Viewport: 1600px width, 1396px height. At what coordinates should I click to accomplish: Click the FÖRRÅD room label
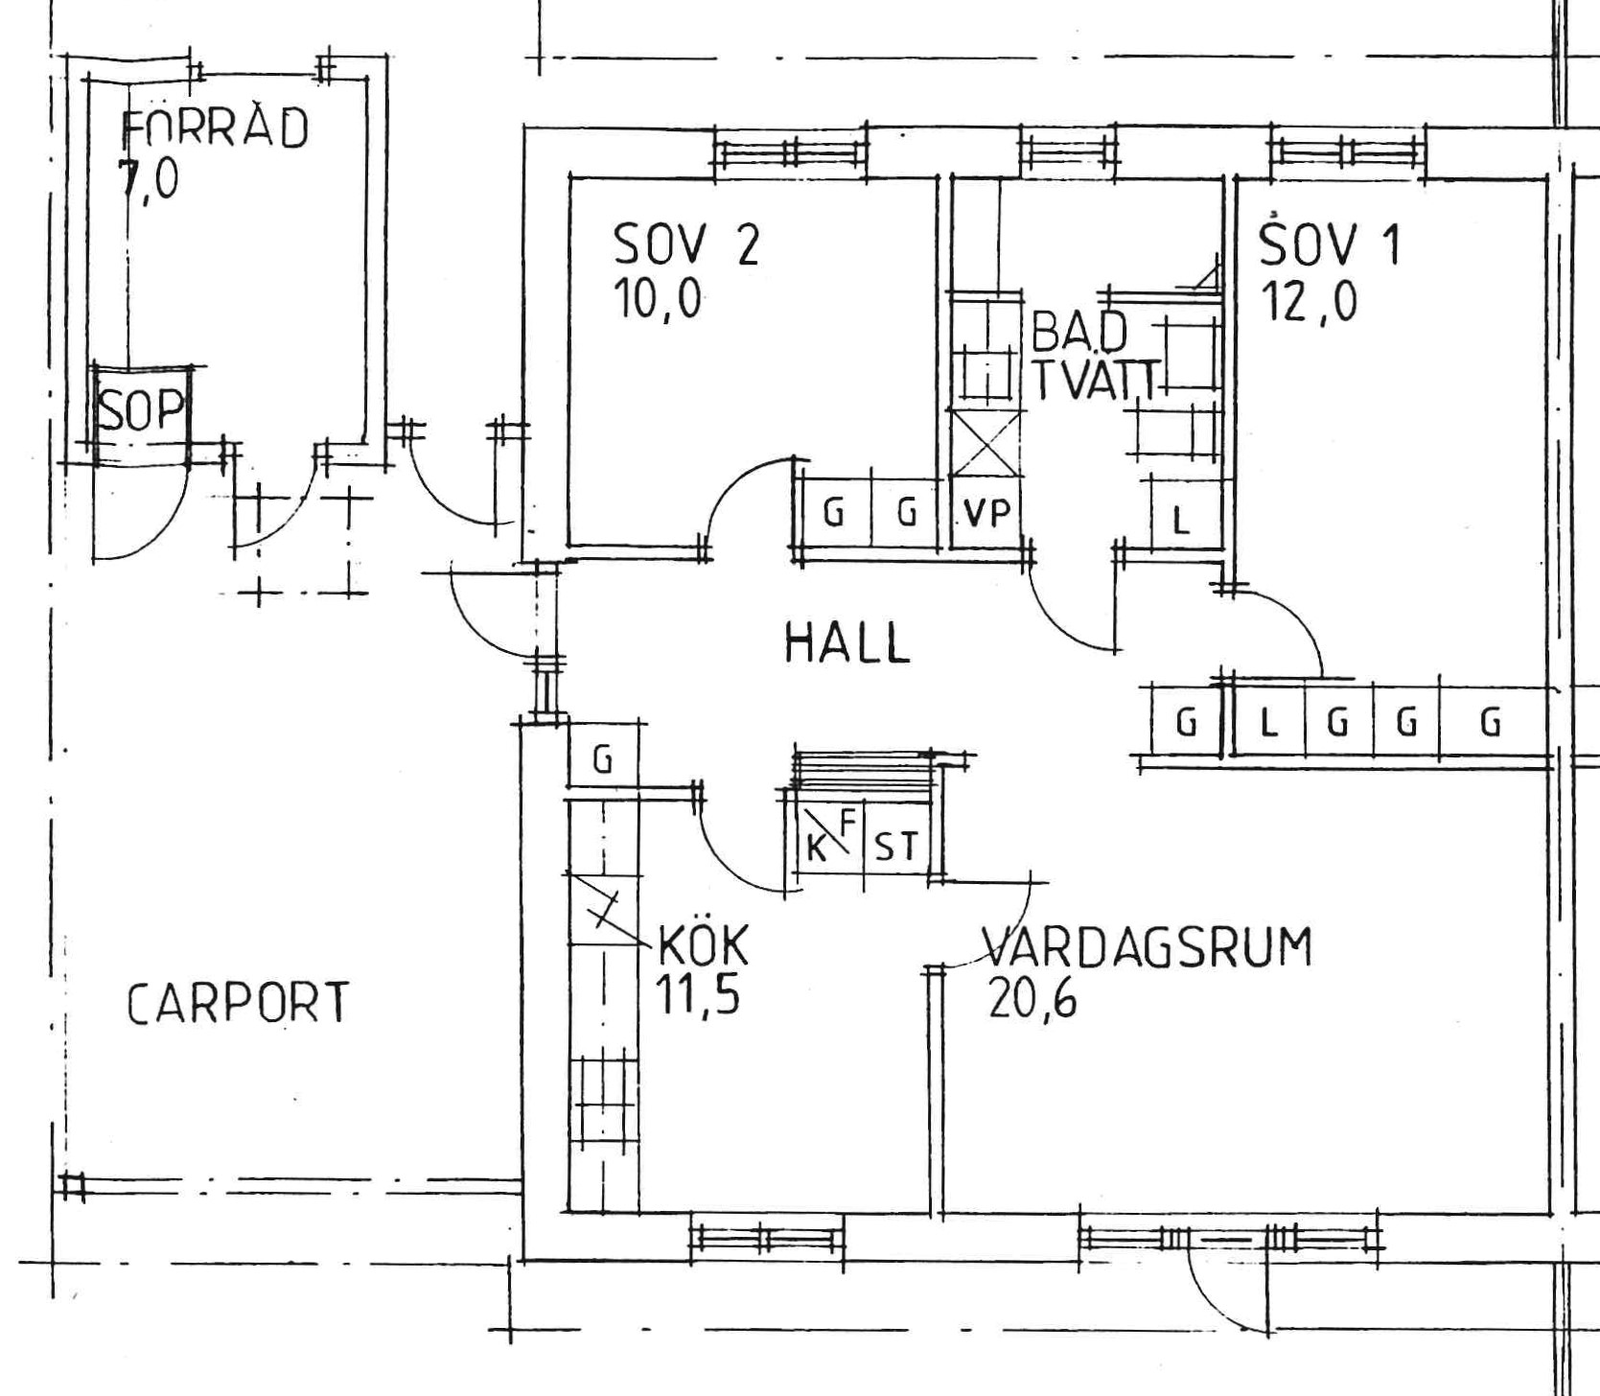216,128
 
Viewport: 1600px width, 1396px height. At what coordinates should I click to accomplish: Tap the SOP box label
142,410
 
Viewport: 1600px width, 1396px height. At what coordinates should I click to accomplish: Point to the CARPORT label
239,1003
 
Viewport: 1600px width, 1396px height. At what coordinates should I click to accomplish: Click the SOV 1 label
1330,244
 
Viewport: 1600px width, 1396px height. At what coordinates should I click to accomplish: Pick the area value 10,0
658,300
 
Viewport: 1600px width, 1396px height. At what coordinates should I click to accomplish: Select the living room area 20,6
1032,997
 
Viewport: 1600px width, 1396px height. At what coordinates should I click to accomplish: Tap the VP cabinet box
986,513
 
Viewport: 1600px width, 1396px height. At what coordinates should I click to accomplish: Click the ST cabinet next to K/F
896,846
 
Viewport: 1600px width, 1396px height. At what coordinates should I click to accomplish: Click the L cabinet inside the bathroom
1183,513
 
